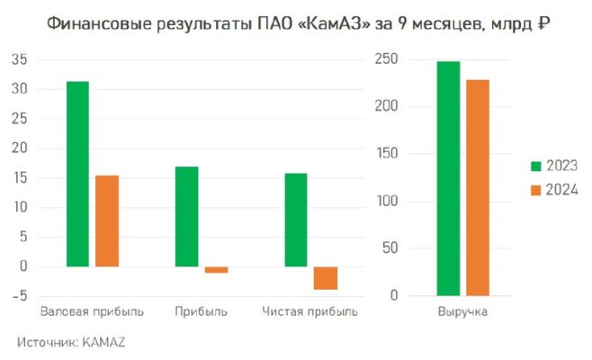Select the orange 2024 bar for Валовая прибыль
pos(107,220)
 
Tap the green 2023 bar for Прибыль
pos(186,216)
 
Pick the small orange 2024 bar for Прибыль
pos(216,270)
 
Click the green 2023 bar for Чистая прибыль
pos(296,220)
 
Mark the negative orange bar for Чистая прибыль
pos(325,278)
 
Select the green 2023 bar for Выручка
pos(448,178)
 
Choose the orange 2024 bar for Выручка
pos(478,187)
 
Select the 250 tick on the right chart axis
pos(388,60)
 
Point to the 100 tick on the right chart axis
pos(388,202)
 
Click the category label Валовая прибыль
pos(92,312)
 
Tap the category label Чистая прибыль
pos(309,312)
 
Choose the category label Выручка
pos(462,312)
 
